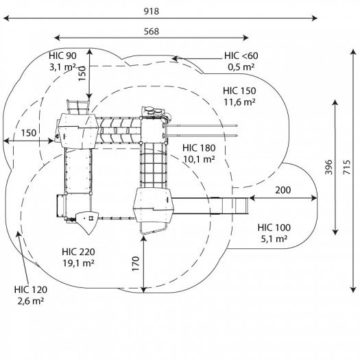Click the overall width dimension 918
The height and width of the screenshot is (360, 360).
[x=152, y=11]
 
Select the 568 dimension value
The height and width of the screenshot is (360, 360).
[x=152, y=32]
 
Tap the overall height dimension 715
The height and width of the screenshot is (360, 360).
[x=347, y=167]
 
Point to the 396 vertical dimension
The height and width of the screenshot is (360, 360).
[x=328, y=167]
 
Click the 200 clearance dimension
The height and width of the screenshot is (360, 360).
[x=283, y=190]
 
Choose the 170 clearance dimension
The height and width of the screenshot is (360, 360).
[x=136, y=264]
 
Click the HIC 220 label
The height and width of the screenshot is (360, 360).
[x=78, y=252]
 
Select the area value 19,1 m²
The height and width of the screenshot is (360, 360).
[x=78, y=263]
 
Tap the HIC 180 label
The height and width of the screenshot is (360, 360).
[x=199, y=148]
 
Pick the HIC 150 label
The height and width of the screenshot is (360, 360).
[x=239, y=91]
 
